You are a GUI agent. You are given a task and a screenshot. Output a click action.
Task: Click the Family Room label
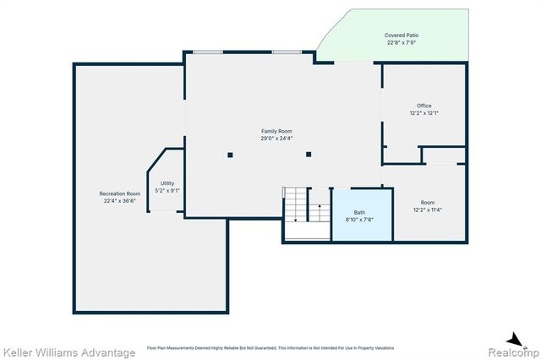[x=276, y=131]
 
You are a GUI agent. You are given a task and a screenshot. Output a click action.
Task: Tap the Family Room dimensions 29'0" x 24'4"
[x=276, y=139]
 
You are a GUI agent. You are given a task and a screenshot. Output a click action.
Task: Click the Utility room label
[x=167, y=183]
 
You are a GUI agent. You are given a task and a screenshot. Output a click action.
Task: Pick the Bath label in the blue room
[x=359, y=212]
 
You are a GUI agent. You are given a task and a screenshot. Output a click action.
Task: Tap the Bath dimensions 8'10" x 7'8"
[x=359, y=220]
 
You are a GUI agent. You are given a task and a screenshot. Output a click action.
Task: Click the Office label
[x=424, y=106]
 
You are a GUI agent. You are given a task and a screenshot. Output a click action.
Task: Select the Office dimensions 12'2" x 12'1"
[x=424, y=113]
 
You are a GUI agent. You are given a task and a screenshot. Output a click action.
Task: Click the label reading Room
[x=428, y=202]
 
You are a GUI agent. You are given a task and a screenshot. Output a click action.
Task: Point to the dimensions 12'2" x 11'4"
[x=428, y=210]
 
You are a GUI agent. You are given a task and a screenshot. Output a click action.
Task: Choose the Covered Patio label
[x=402, y=35]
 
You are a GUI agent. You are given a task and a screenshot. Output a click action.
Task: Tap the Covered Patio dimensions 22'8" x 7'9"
[x=402, y=43]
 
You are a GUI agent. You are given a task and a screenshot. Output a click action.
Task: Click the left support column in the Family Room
[x=230, y=155]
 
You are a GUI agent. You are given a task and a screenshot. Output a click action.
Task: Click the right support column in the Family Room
[x=309, y=155]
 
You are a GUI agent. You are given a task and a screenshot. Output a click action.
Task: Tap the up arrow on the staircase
[x=320, y=206]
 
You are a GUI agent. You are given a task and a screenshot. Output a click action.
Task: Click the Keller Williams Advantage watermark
[x=68, y=352]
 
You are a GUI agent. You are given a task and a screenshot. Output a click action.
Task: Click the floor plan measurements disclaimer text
[x=270, y=347]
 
